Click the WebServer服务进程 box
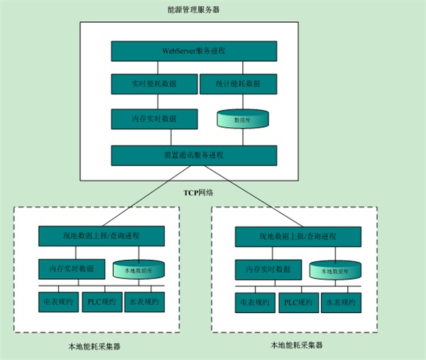194,52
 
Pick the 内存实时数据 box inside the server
154,119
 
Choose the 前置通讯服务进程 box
194,155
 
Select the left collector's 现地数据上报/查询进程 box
101,235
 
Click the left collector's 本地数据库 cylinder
138,270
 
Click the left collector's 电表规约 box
58,302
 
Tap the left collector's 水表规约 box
144,302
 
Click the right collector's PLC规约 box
299,302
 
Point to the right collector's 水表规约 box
341,302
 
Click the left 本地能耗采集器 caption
94,347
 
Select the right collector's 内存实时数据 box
263,270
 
